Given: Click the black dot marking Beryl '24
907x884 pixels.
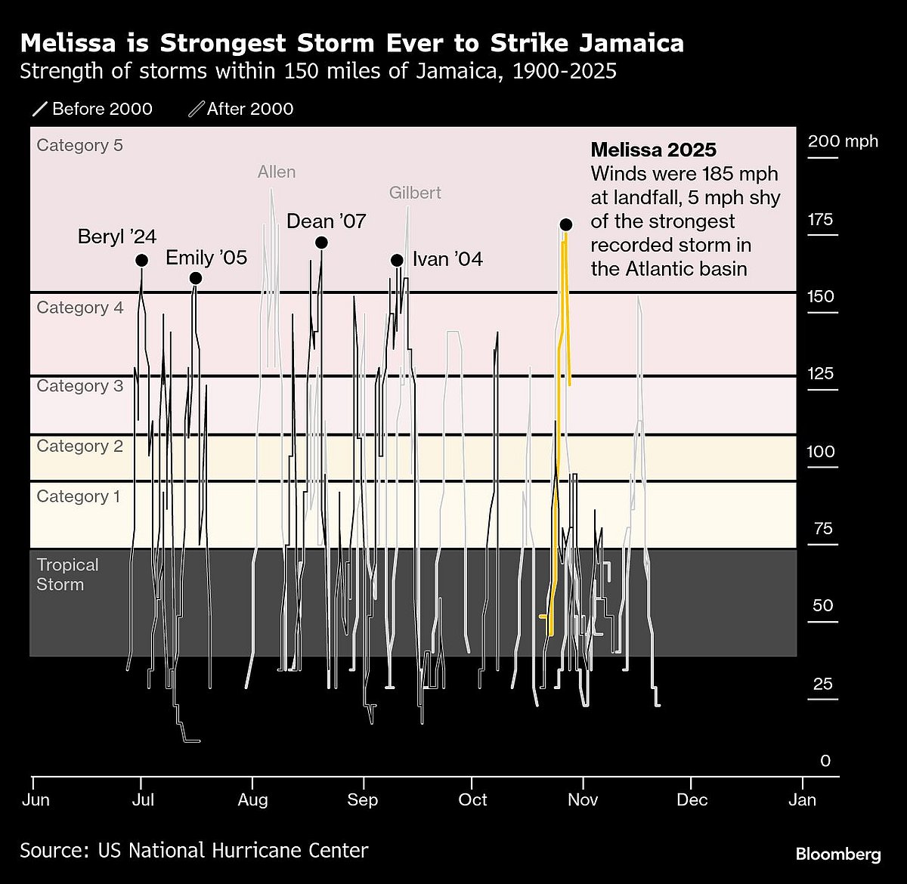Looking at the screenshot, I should point(141,260).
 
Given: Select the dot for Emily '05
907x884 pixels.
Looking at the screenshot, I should point(195,278).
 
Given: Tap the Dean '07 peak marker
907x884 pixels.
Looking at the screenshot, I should point(321,243).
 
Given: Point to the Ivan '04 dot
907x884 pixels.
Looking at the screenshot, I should point(397,260).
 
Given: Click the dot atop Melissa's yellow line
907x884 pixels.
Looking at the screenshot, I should point(565,224).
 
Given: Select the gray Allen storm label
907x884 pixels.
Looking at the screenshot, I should point(277,172).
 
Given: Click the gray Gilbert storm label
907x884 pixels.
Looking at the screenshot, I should point(415,193).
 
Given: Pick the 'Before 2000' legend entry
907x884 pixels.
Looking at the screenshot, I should point(93,109).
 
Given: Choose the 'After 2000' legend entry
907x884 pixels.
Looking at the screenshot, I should point(242,109).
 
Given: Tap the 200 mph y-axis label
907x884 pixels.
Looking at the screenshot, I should point(842,141).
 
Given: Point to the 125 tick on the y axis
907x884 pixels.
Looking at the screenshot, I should point(822,373).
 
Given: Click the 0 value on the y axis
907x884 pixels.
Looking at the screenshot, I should point(825,761).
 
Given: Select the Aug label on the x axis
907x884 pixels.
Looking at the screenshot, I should point(252,799).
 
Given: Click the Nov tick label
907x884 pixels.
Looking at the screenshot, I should point(583,799).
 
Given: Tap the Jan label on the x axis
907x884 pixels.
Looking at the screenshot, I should point(802,799).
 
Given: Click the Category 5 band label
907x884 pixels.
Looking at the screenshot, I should point(79,145).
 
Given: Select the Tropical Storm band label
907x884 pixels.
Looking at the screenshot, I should point(67,575).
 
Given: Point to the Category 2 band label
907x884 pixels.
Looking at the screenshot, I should point(79,446).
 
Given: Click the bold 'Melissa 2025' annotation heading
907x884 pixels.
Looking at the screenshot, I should point(653,150).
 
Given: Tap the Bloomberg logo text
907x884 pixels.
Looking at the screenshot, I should point(837,855).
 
